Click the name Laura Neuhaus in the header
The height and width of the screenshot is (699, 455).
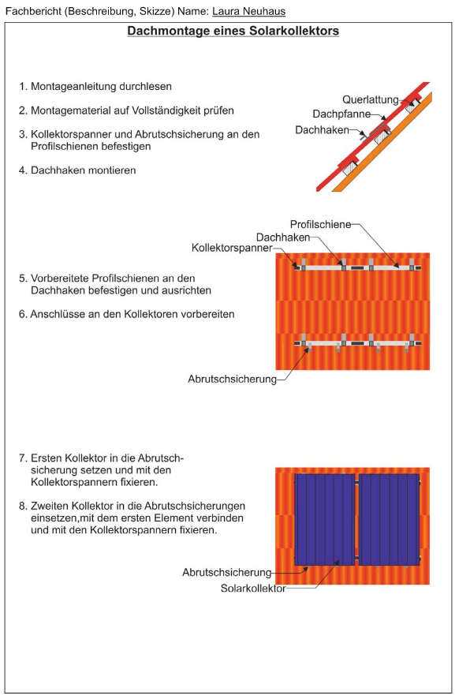[x=248, y=11]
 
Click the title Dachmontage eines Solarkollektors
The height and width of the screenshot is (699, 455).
[x=233, y=32]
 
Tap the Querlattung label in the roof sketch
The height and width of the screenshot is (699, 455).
[x=371, y=99]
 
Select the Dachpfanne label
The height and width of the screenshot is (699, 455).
[x=341, y=114]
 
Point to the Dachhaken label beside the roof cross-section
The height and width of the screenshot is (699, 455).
[x=322, y=129]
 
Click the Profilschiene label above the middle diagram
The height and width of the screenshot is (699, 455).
[x=320, y=224]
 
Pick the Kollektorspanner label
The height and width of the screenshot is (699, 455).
[x=232, y=248]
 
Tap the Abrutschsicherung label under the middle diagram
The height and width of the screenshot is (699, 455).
[x=232, y=379]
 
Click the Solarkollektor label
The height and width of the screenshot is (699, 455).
[x=253, y=589]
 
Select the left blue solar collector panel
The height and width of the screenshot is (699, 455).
[x=324, y=519]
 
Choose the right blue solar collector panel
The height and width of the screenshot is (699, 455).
[x=389, y=519]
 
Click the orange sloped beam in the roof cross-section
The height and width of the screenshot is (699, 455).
[x=382, y=142]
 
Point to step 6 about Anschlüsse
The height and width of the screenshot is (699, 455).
[x=126, y=314]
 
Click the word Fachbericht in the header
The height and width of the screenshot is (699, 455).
[x=33, y=11]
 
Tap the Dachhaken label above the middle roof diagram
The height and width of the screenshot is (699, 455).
[x=283, y=237]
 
